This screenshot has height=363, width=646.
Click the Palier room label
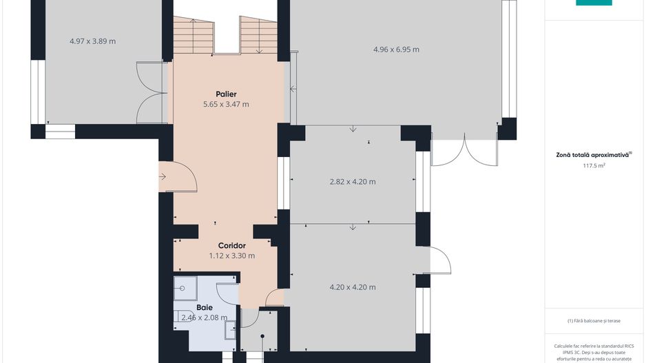[226, 94]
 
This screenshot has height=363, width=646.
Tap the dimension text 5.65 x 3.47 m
[226, 104]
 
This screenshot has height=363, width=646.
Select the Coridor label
[232, 246]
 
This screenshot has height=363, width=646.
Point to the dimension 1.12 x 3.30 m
[232, 256]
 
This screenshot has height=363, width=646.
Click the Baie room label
[205, 307]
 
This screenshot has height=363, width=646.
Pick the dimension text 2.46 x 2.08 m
[205, 318]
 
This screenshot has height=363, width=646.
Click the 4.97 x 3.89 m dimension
[93, 41]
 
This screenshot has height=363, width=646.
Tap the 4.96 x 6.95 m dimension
[396, 50]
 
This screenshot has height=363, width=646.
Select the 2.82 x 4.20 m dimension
[353, 182]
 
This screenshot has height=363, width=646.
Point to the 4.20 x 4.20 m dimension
[353, 287]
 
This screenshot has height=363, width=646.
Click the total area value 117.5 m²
[594, 165]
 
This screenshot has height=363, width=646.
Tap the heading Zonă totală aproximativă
[593, 156]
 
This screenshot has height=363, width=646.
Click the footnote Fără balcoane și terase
[594, 320]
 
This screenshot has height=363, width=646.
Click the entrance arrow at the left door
[163, 177]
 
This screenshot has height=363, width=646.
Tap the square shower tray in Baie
[185, 289]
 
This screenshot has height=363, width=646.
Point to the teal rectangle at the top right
[594, 3]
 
